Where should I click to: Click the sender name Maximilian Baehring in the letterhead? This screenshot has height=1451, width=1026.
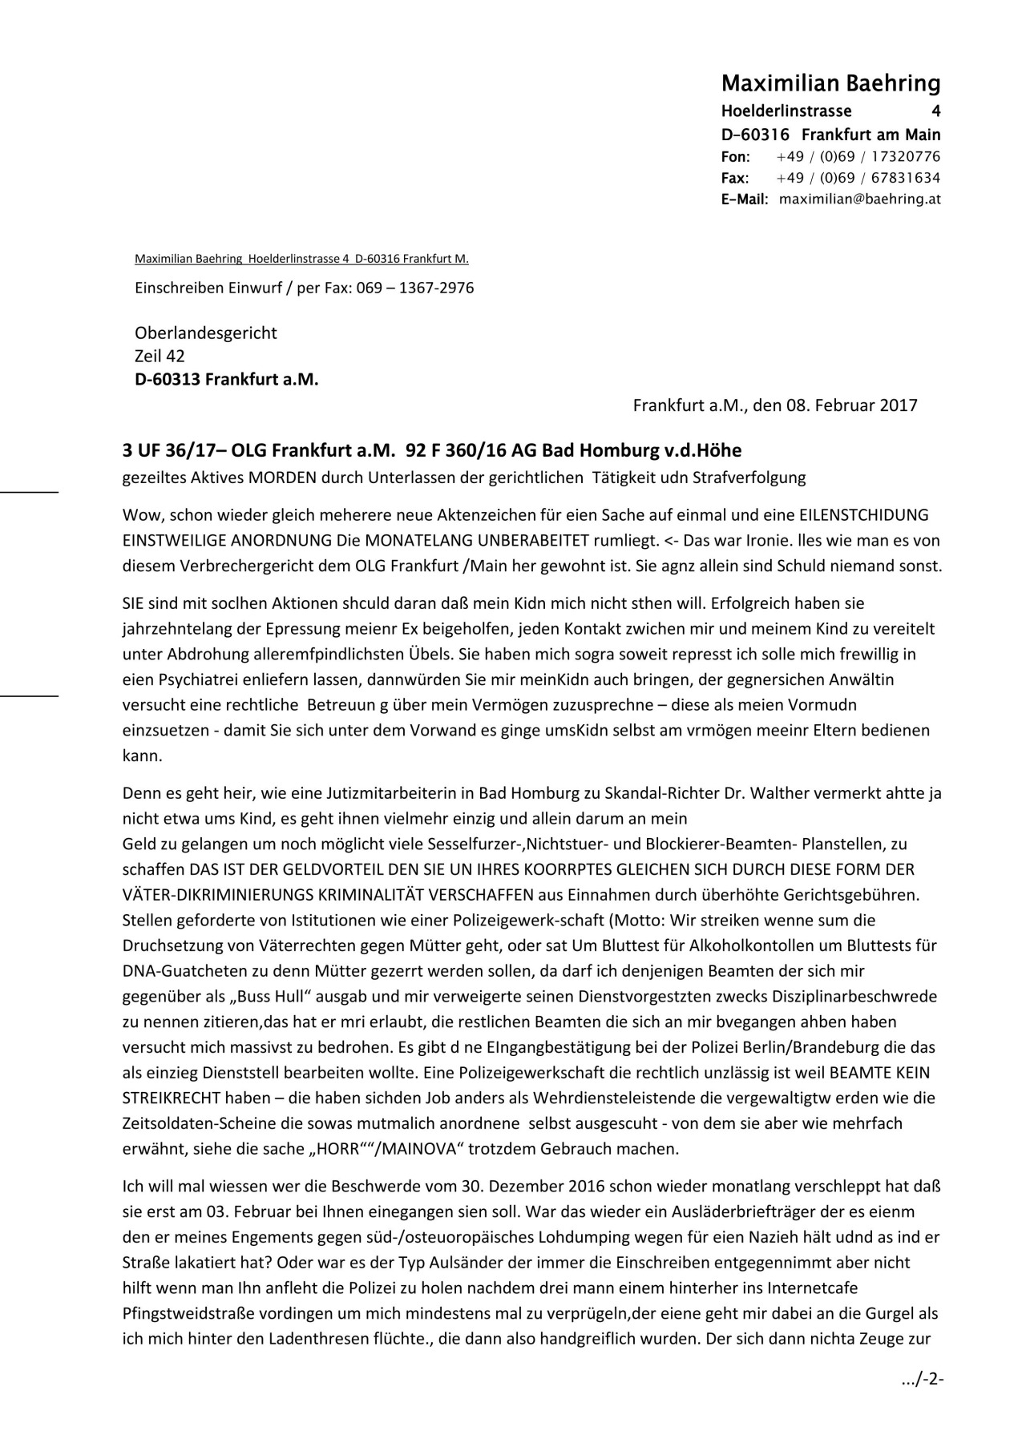pyautogui.click(x=830, y=83)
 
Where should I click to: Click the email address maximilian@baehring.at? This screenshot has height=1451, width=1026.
pyautogui.click(x=859, y=199)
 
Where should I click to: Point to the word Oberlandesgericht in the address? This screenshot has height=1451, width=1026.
pyautogui.click(x=205, y=333)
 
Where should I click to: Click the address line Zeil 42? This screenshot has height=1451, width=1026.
pyautogui.click(x=160, y=356)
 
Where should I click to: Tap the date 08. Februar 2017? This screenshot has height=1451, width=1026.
pyautogui.click(x=851, y=405)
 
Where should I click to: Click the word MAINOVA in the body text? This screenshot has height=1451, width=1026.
pyautogui.click(x=416, y=1149)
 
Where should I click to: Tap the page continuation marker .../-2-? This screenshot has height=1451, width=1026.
pyautogui.click(x=923, y=1379)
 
